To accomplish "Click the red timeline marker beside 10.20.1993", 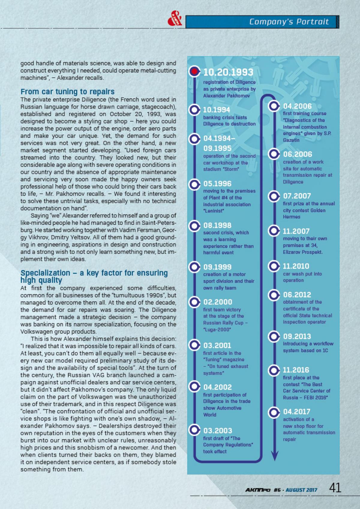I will click(x=194, y=72).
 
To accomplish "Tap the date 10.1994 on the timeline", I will click(x=217, y=110).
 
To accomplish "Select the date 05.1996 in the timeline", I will click(x=217, y=184).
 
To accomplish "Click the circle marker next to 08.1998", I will click(x=194, y=225).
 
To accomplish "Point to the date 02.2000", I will click(x=217, y=302).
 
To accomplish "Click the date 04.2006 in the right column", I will click(x=297, y=106).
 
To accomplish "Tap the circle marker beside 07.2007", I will click(x=274, y=196).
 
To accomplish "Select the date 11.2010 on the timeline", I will click(x=296, y=266).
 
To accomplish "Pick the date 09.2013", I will click(x=297, y=336).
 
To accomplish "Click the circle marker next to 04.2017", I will click(x=274, y=412).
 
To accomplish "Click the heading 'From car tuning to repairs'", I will click(x=67, y=92).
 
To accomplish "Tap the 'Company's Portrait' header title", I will click(x=289, y=22).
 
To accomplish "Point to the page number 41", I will click(x=335, y=488).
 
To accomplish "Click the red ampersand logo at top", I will click(x=175, y=20).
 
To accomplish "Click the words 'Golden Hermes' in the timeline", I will click(x=304, y=213).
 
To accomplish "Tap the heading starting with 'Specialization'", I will click(x=94, y=276).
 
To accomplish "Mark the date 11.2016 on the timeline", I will click(x=296, y=370).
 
